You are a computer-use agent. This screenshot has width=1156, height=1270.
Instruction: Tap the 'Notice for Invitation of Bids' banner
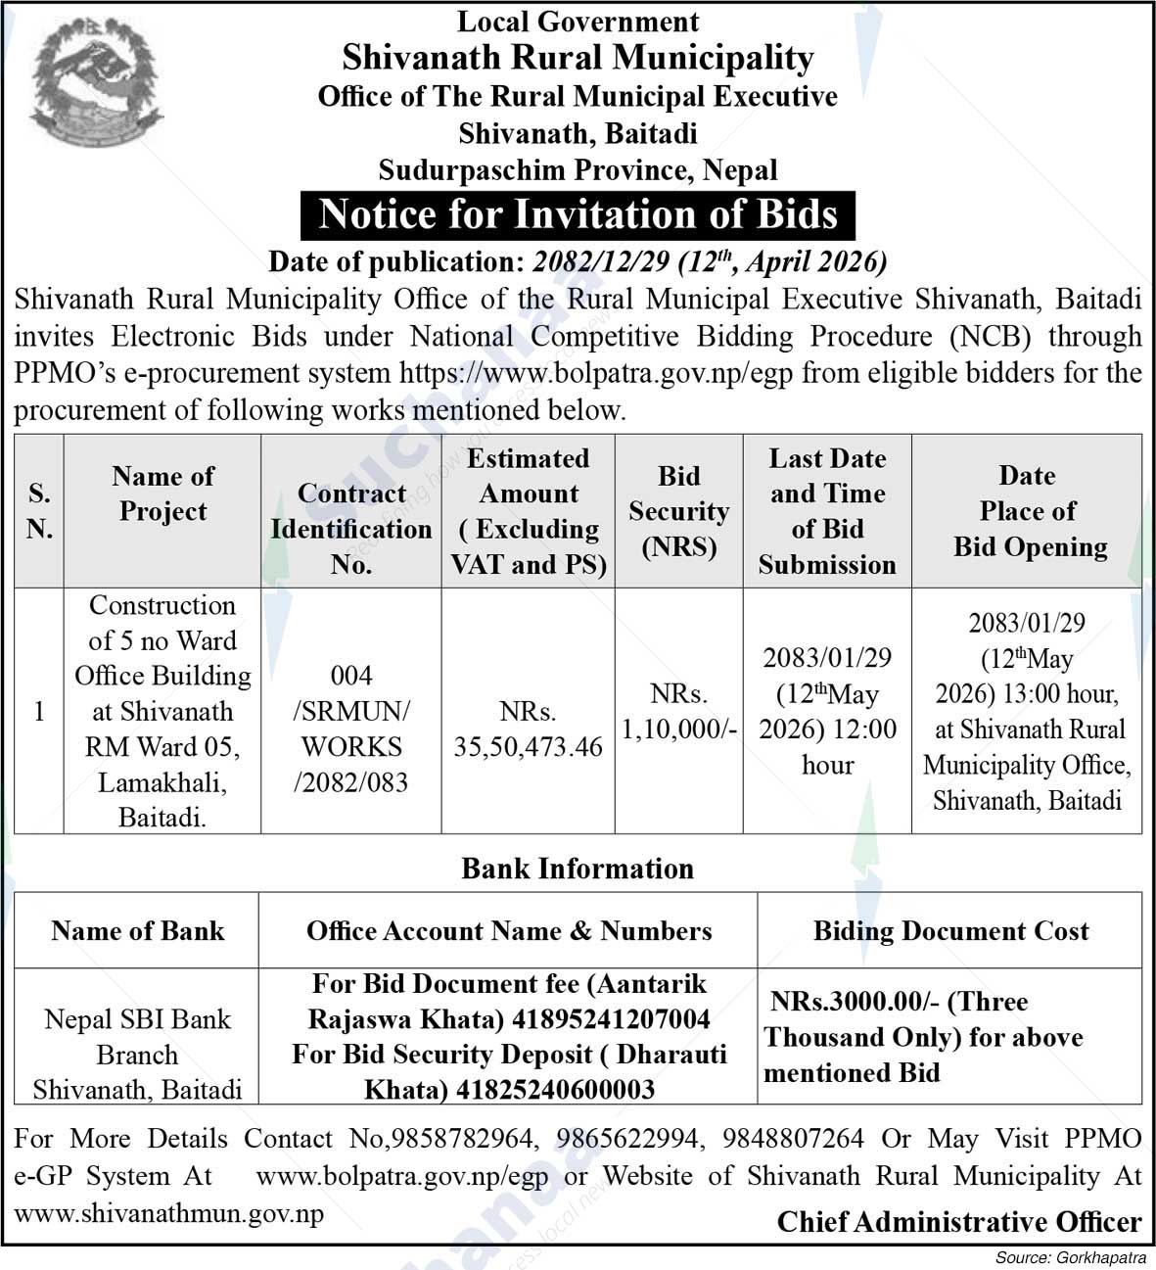pos(578,214)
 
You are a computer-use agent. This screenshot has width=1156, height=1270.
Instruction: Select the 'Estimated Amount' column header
pos(529,511)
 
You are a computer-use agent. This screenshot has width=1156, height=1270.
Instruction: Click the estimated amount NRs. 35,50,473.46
pos(529,729)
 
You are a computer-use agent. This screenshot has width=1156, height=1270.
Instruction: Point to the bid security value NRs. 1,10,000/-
pos(678,712)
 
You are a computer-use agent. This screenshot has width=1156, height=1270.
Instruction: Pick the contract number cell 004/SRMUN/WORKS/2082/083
pos(351,729)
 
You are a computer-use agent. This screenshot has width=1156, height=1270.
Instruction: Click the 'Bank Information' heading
pos(578,869)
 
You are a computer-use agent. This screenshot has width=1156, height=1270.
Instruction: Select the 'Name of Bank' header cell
pos(137,931)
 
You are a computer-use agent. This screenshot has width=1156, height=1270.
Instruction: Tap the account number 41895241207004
pos(611,1019)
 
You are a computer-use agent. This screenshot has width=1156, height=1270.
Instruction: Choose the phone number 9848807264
pos(794,1139)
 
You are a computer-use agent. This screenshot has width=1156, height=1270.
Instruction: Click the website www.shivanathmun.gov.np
pos(168,1214)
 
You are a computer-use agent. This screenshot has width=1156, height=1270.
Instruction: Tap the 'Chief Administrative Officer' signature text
pos(959,1222)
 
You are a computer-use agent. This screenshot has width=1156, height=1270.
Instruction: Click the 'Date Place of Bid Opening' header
pos(1028,511)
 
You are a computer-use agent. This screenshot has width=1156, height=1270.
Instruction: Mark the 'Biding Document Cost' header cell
pos(950,931)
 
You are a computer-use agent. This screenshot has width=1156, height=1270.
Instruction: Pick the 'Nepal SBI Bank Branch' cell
pos(137,1037)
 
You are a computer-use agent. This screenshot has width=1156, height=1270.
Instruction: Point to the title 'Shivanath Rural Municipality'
pos(578,58)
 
